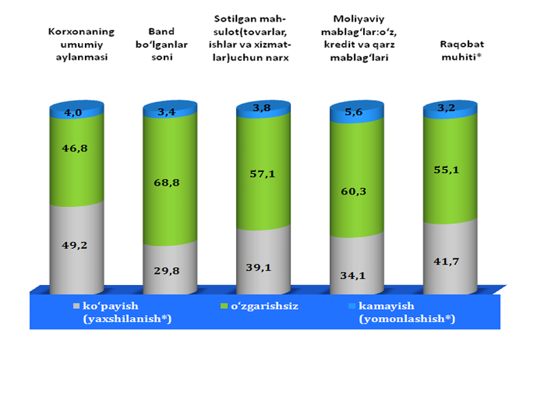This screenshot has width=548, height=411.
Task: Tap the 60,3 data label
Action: click(357, 191)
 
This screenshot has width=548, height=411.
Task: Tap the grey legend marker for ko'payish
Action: click(75, 303)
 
